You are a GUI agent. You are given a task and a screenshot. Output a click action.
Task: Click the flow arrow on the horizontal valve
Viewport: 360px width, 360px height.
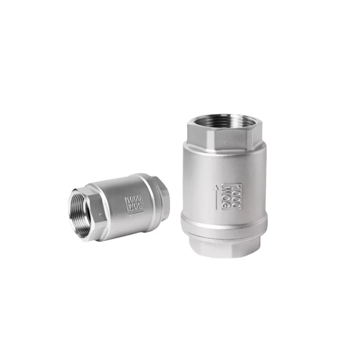coord(136,214)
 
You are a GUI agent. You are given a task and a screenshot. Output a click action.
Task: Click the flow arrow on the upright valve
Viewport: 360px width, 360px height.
coord(216,197)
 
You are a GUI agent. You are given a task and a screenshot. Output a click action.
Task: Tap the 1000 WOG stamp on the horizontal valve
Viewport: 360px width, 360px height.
coord(134,203)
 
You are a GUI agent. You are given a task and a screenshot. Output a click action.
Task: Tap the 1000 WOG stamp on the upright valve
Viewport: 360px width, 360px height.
coord(231,197)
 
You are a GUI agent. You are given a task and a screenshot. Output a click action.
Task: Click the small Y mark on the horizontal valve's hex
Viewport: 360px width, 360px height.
coord(99,215)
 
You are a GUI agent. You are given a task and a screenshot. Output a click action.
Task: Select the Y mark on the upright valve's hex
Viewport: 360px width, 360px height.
coord(224,142)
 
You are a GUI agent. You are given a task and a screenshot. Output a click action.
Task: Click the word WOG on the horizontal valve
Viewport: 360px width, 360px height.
coord(135,207)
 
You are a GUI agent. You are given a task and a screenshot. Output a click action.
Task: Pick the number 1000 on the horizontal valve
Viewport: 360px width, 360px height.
coord(134,199)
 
